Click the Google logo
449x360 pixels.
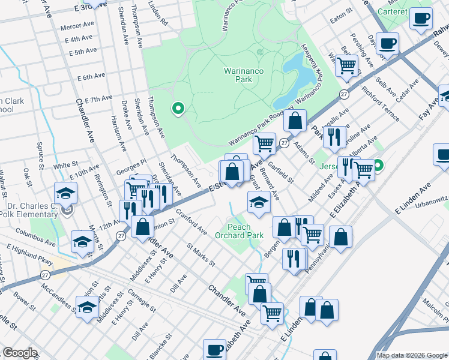click(20, 353)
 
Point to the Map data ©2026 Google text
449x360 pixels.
click(412, 355)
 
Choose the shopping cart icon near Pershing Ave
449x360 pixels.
click(346, 65)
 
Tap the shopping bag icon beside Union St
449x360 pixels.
click(142, 227)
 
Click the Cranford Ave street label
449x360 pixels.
click(191, 223)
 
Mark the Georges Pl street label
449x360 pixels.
click(131, 166)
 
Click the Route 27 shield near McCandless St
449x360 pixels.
click(45, 275)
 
